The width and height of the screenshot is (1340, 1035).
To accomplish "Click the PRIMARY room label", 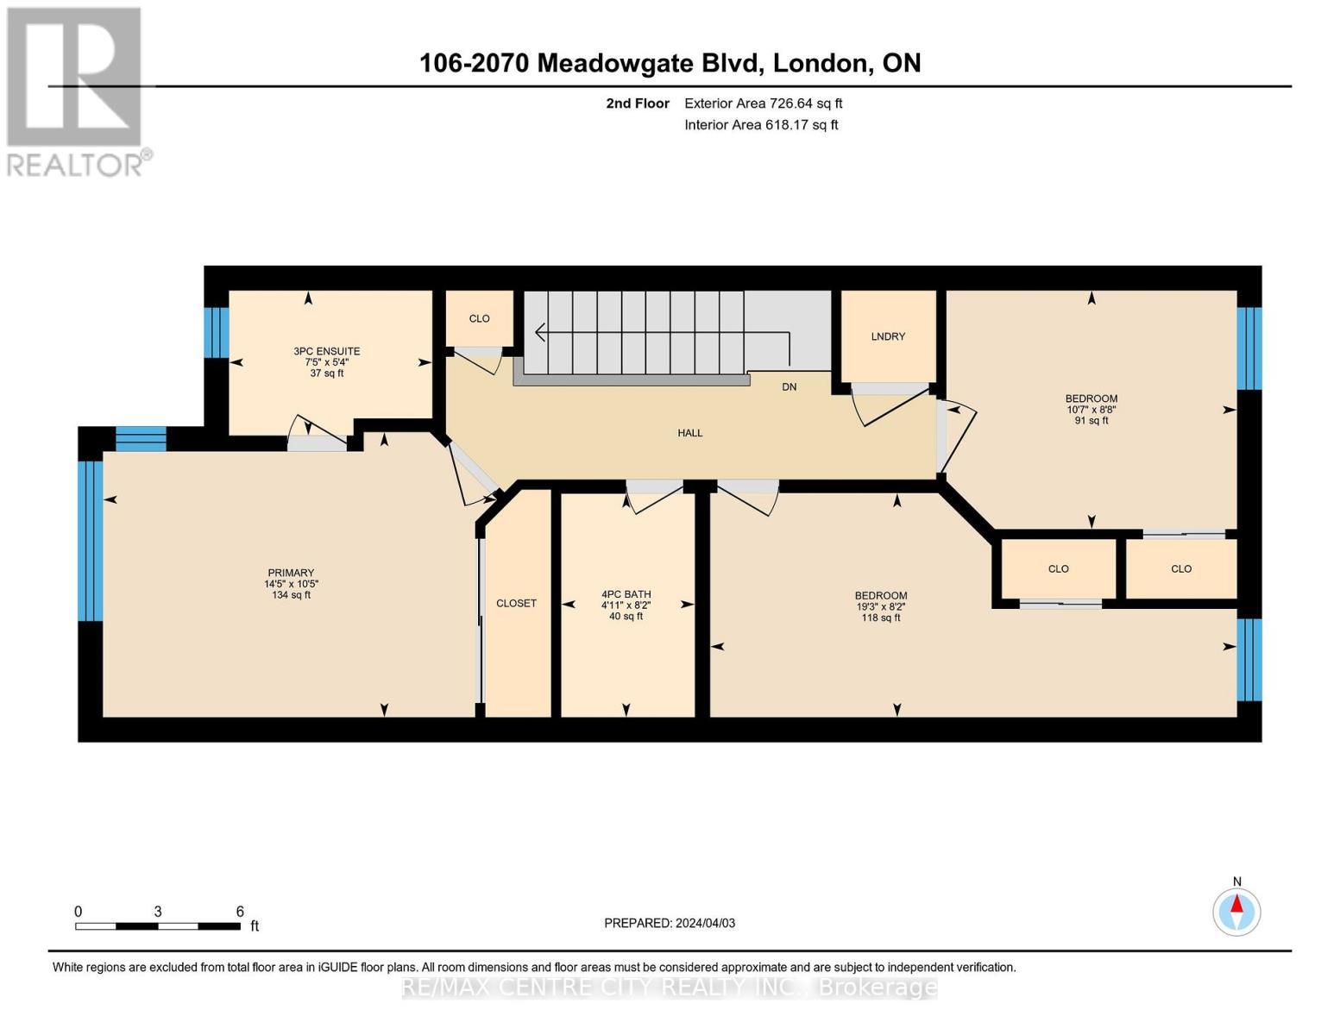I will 291,573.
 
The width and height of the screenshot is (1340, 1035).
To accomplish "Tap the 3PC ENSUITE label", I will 327,351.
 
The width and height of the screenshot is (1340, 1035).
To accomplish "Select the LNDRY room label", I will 888,336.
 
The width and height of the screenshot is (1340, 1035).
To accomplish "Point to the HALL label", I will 689,433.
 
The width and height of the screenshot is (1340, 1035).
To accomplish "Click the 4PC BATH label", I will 626,594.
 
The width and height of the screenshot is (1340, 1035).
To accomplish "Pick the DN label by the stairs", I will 789,387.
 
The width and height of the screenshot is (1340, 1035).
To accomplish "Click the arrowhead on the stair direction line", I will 540,331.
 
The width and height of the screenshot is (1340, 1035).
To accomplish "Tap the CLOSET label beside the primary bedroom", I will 516,603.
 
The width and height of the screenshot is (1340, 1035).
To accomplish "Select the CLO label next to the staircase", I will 479,318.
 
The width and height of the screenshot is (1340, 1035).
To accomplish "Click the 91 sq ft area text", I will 1091,421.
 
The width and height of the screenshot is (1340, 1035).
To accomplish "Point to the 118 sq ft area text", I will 880,618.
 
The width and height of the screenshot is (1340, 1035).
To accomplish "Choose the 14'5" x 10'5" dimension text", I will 291,584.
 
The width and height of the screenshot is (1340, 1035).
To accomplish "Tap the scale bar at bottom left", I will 158,926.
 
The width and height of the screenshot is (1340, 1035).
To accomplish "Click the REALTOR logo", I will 76,91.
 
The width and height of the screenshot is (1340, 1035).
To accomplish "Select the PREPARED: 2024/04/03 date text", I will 670,923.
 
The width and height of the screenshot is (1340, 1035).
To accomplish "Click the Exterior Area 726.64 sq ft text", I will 763,103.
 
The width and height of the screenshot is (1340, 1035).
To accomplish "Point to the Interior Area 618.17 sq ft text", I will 761,125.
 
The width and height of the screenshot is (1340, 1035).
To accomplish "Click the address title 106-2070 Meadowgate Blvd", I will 670,63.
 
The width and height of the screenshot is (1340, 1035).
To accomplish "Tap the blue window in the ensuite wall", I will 217,332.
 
